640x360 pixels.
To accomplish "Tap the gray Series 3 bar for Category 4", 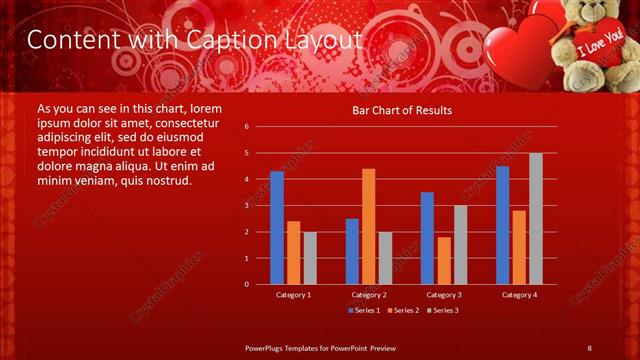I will pos(536,218).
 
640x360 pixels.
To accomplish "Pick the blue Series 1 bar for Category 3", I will pos(427,238).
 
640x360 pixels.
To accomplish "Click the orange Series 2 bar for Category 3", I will pos(444,260).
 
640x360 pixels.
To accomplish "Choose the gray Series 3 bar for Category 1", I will pos(310,258).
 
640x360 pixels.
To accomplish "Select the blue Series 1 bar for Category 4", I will pos(502,225).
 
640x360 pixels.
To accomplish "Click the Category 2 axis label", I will pos(369,295).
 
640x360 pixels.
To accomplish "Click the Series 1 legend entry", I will pos(365,310).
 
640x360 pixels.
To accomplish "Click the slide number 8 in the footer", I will pos(589,347).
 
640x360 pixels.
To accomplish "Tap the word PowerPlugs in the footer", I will pos(267,347).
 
